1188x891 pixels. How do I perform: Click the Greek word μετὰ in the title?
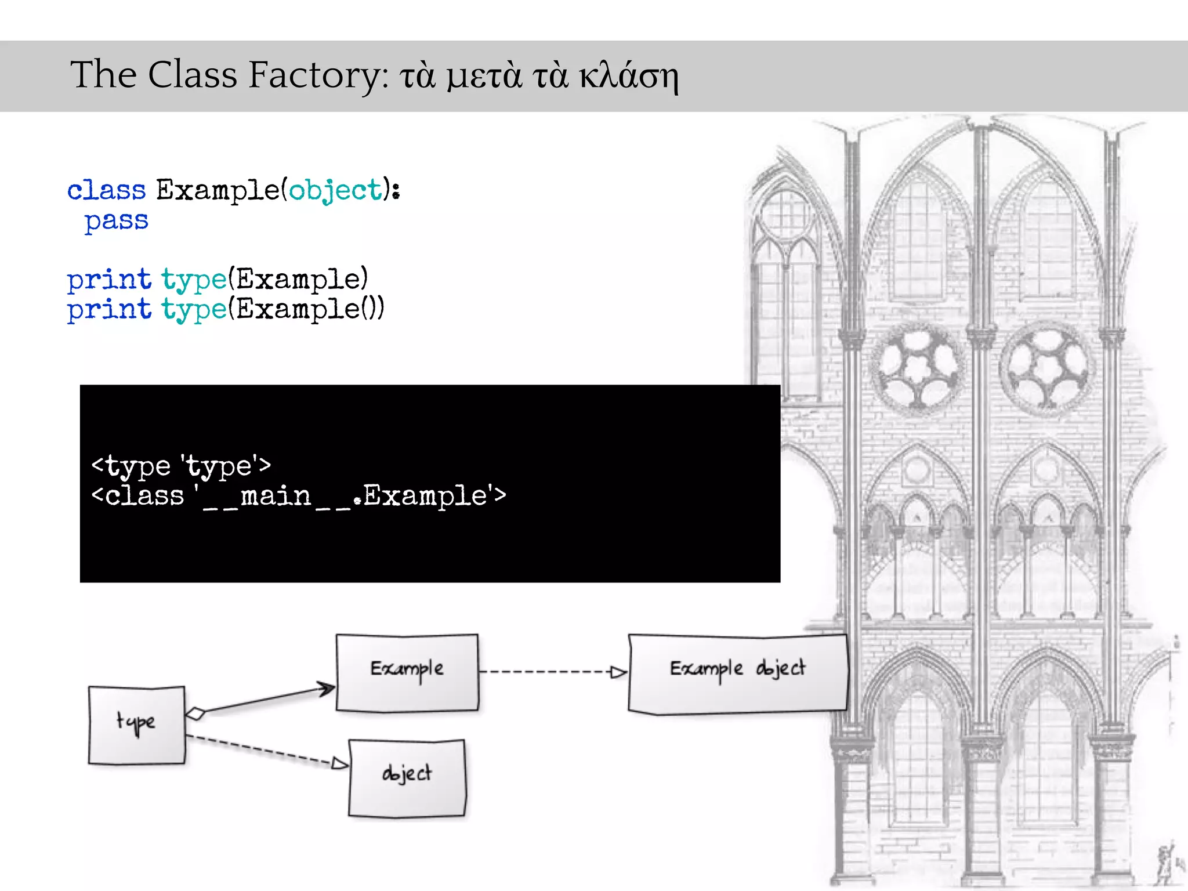click(484, 76)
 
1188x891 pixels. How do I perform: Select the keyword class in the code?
click(107, 190)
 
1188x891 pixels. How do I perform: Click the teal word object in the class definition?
click(335, 190)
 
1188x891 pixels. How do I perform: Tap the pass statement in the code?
click(116, 221)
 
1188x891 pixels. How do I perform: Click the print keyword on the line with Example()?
click(109, 309)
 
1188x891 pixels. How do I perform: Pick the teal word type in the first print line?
click(194, 280)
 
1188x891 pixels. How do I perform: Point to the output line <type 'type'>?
click(181, 466)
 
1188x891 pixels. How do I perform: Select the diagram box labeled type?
click(137, 725)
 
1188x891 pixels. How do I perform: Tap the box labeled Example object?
click(737, 673)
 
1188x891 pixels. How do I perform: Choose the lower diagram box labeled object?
click(407, 777)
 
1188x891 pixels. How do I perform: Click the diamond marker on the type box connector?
click(195, 713)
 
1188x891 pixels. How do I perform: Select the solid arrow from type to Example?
click(267, 699)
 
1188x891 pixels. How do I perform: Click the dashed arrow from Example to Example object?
click(551, 672)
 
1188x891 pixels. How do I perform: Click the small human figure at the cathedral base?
click(1164, 864)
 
